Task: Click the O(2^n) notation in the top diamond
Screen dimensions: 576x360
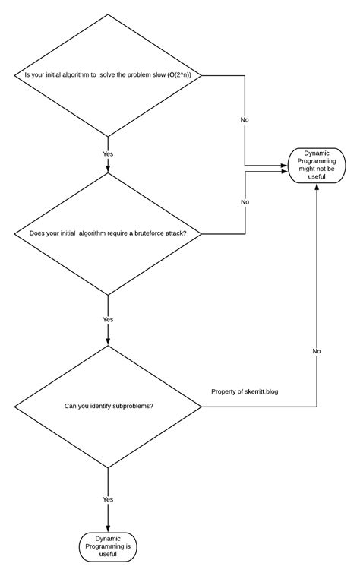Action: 180,74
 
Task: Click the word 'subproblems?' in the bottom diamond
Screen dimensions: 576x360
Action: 130,406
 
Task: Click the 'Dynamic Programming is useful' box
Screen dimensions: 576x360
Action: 109,546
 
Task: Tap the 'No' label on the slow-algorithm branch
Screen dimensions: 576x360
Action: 245,120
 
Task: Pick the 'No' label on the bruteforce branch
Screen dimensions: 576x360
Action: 245,202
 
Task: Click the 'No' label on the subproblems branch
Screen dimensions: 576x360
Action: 316,351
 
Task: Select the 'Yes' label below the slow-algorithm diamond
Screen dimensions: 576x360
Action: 108,153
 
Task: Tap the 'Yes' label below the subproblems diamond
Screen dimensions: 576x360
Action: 108,499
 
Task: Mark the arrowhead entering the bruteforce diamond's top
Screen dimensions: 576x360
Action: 108,169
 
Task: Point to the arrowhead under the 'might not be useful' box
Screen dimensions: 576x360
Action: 316,185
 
